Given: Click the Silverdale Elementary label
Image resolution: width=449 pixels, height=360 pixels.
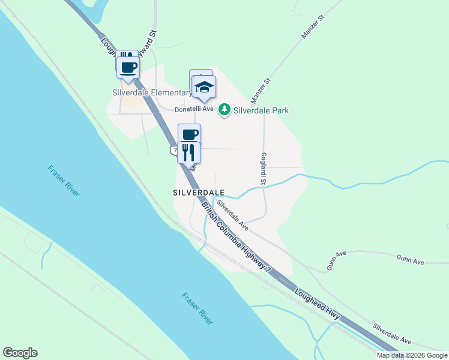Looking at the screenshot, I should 151,92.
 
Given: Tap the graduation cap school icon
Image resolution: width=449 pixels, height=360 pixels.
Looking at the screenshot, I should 204,88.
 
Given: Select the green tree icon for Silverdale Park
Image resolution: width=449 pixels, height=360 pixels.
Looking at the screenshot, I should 224,110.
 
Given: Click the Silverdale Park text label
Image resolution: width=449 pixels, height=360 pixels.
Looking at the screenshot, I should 261,110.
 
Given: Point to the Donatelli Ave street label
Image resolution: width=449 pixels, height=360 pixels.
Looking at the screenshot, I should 194,109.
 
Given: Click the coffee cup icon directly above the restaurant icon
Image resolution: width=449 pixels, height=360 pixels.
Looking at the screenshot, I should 189,134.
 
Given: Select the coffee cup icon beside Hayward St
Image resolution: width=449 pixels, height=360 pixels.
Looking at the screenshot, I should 128,66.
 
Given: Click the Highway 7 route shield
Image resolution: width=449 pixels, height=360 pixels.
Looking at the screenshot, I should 173,149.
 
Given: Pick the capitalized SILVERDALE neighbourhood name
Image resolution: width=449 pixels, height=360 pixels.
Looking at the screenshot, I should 198,193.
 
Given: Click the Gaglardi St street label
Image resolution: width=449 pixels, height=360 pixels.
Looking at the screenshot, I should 263,167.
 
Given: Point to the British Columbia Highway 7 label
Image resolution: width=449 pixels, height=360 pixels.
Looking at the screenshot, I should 237,238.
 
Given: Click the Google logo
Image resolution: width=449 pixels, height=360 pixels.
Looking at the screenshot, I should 20,353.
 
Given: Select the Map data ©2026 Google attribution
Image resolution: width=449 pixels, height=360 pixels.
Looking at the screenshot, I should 412,355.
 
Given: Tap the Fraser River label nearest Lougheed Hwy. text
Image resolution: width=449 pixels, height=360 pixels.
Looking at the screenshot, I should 197,308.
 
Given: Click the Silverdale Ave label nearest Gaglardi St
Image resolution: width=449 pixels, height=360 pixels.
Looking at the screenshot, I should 232,214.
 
